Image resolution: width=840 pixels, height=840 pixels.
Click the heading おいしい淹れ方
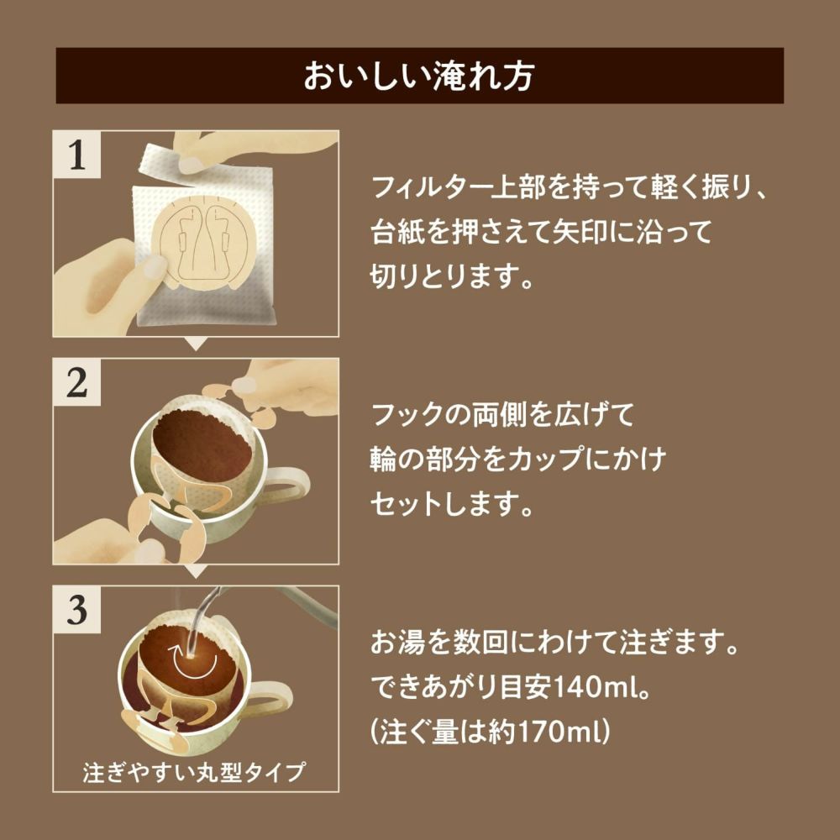pyautogui.click(x=419, y=76)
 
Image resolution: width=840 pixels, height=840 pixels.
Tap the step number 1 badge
pyautogui.click(x=77, y=155)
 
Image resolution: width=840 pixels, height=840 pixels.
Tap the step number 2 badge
pyautogui.click(x=77, y=382)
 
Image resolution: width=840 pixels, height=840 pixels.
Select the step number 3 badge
pyautogui.click(x=77, y=610)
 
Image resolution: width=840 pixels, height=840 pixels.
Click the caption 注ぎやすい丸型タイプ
pyautogui.click(x=195, y=772)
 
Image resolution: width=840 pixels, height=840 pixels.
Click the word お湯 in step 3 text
pyautogui.click(x=397, y=643)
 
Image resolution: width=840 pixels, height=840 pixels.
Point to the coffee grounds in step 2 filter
pyautogui.click(x=202, y=447)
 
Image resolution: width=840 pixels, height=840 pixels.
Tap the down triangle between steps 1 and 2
pyautogui.click(x=196, y=344)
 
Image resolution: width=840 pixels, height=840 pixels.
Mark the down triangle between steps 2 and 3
pyautogui.click(x=196, y=571)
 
